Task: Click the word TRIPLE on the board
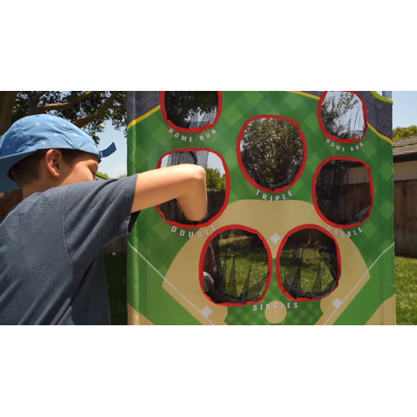coord(273,194)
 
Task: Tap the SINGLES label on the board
coord(275,306)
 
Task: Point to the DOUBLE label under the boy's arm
coord(187,229)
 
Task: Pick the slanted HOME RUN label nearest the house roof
coord(344,144)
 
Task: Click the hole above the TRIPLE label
coord(271,153)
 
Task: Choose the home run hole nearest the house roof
coord(342,115)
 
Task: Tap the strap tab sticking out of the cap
coord(108,150)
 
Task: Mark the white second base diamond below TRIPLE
coord(275,238)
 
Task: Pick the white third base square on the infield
coord(206,311)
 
